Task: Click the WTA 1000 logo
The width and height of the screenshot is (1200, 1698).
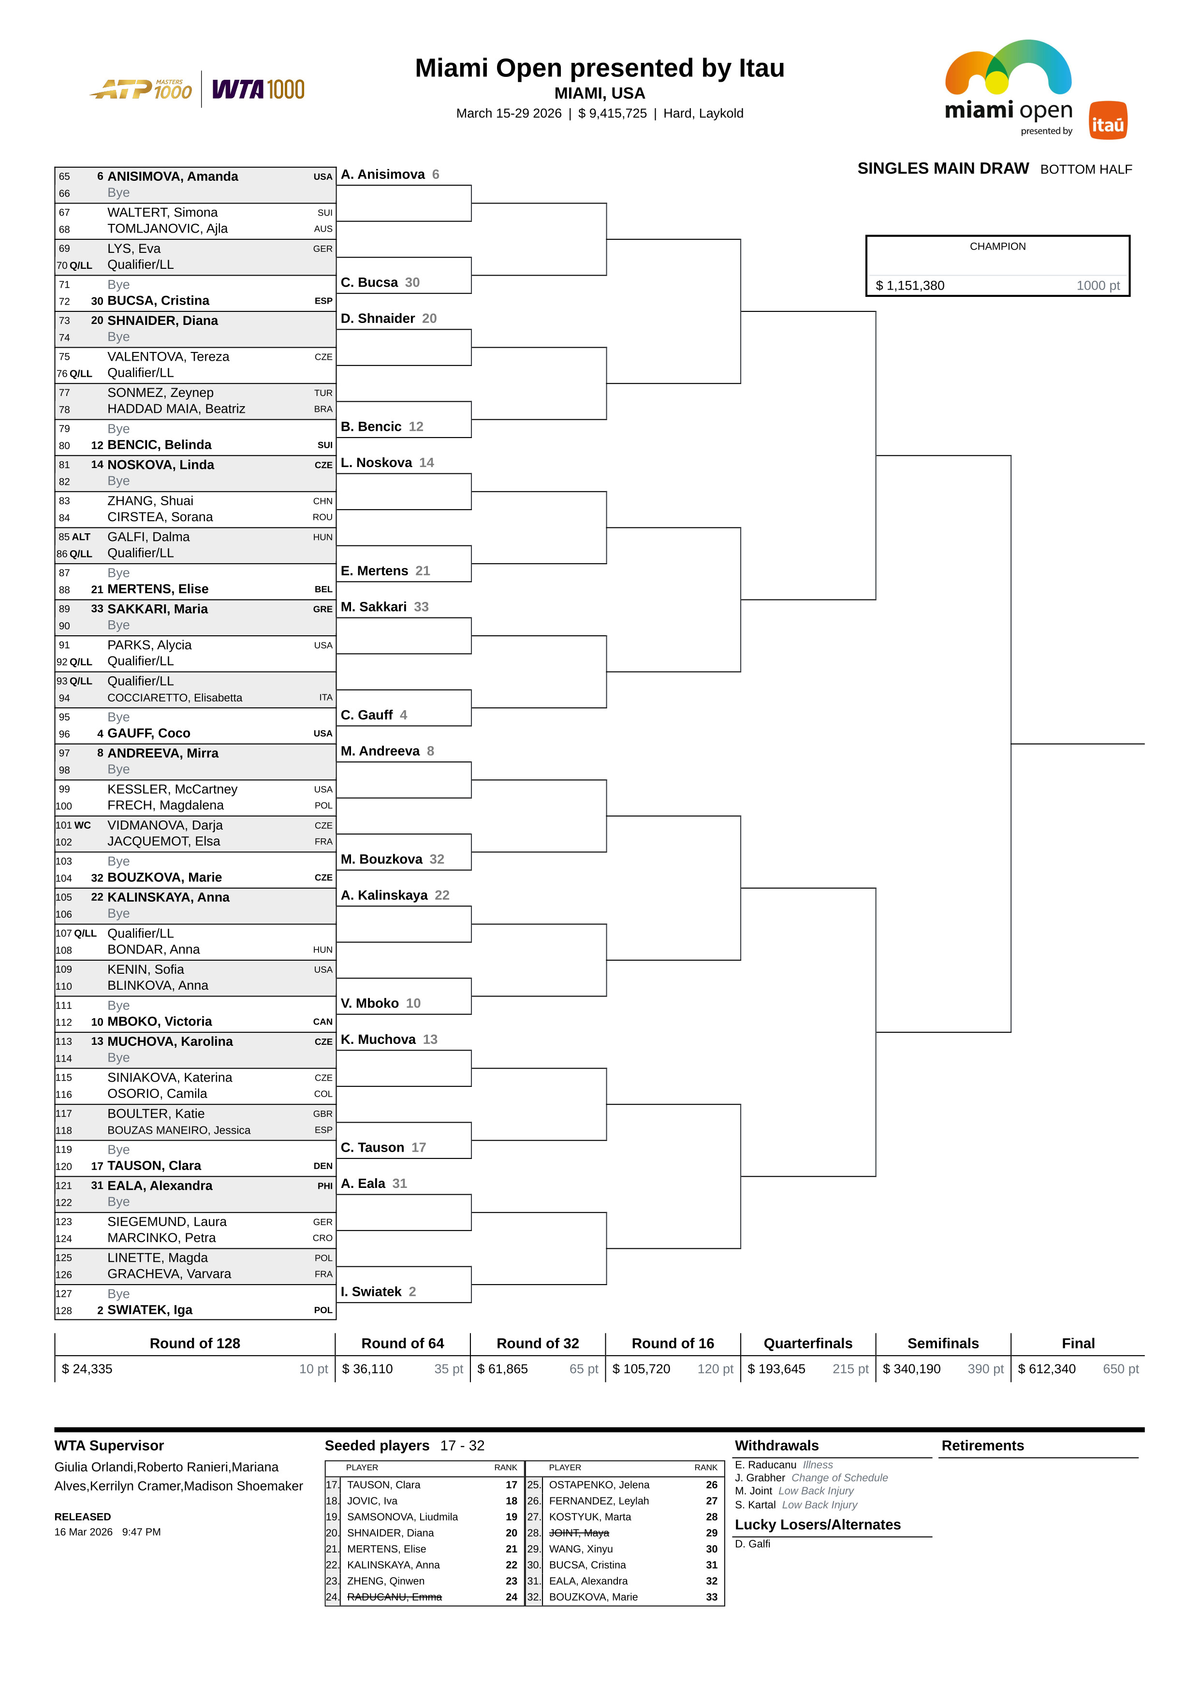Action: [258, 89]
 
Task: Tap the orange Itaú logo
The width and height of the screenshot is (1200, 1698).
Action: [1108, 120]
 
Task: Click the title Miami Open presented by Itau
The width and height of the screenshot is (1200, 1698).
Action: [599, 68]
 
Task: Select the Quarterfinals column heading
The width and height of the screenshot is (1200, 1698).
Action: [807, 1343]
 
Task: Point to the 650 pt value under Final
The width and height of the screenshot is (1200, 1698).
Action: [1120, 1369]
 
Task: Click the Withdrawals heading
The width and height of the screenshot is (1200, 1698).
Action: [776, 1445]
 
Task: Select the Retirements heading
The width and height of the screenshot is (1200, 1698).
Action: [982, 1445]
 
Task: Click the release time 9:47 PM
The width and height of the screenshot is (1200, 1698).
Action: [141, 1532]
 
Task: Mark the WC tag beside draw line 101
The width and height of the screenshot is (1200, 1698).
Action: [82, 825]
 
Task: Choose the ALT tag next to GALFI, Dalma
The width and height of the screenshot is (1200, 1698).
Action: [81, 537]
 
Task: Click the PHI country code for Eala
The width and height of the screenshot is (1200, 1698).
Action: [324, 1186]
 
